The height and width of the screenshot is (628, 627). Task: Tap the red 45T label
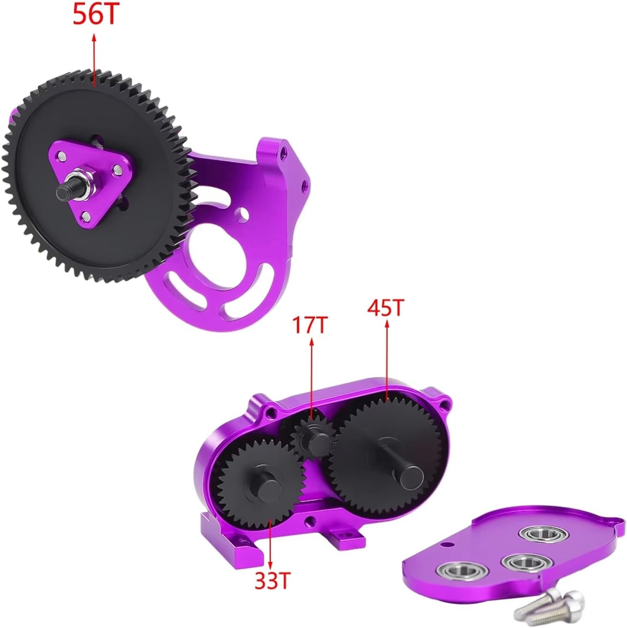(385, 308)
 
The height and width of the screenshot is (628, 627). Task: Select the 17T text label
(310, 325)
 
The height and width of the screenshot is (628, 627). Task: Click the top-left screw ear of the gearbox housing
(269, 410)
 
